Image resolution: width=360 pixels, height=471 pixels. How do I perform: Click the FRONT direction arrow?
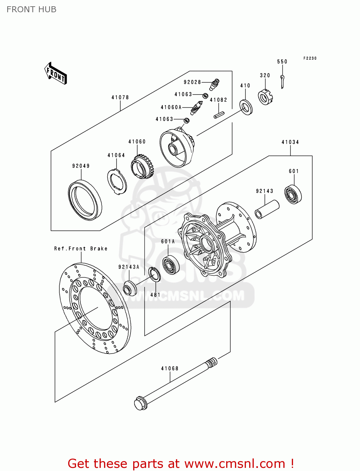click(x=56, y=73)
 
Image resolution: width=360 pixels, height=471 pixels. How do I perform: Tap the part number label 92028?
click(x=192, y=82)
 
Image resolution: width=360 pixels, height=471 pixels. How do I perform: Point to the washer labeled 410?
click(x=246, y=107)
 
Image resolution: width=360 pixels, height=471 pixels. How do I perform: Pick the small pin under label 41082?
click(x=219, y=115)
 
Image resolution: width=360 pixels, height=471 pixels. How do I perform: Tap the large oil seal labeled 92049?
click(x=85, y=200)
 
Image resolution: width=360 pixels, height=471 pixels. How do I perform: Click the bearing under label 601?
click(x=293, y=195)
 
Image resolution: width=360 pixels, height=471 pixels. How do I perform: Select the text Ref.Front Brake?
click(x=81, y=249)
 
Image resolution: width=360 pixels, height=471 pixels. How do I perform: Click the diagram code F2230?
click(x=310, y=58)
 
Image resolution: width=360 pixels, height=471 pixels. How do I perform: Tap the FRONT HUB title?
click(x=31, y=9)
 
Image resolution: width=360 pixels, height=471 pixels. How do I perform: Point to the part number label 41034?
click(x=290, y=142)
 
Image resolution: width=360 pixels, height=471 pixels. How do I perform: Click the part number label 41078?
click(x=120, y=98)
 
